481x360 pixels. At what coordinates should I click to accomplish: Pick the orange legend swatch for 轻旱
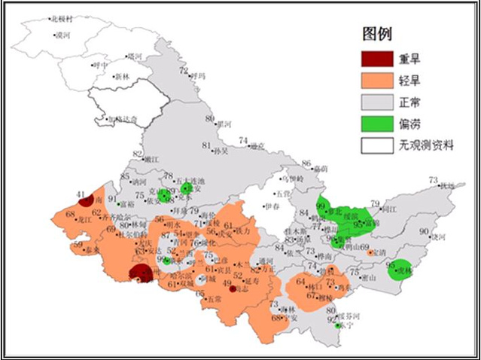tap(378, 81)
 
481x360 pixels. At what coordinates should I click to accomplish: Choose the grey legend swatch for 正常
tap(378, 102)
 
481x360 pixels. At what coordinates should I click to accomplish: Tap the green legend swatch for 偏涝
tap(378, 123)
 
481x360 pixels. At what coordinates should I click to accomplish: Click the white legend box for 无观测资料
tap(378, 145)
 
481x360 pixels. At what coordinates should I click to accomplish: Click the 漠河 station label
tap(63, 35)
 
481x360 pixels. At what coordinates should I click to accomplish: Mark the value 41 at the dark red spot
tap(81, 195)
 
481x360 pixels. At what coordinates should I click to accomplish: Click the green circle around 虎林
tap(401, 269)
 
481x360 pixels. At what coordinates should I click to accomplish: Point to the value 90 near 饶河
tap(424, 231)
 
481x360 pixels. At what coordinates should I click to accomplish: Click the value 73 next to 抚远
tap(433, 180)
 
